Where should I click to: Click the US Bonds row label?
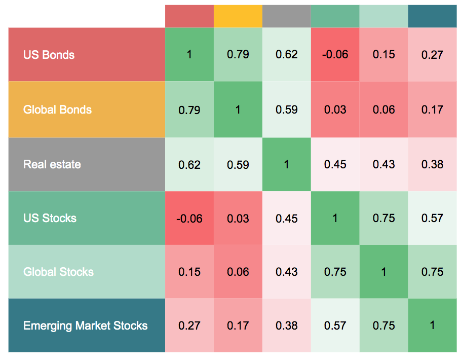[49, 55]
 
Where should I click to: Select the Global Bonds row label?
[57, 110]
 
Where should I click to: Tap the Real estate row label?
[52, 164]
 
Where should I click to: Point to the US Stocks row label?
[50, 218]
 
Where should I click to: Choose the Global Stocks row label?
[58, 272]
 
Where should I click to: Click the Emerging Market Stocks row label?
[86, 326]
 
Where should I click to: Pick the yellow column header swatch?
[238, 16]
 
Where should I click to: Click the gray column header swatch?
[287, 16]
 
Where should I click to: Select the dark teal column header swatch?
[433, 16]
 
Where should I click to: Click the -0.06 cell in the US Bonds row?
[335, 55]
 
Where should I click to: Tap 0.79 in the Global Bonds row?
[189, 110]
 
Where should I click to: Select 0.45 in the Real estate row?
[335, 164]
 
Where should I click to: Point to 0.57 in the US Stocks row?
[432, 218]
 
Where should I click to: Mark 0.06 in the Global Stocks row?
[238, 272]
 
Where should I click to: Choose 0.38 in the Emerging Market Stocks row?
[286, 326]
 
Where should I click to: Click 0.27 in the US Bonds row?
[432, 55]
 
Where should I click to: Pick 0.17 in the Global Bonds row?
[432, 110]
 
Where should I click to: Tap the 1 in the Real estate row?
[286, 164]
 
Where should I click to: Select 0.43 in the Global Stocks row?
[286, 272]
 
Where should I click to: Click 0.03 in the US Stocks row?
[238, 219]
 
